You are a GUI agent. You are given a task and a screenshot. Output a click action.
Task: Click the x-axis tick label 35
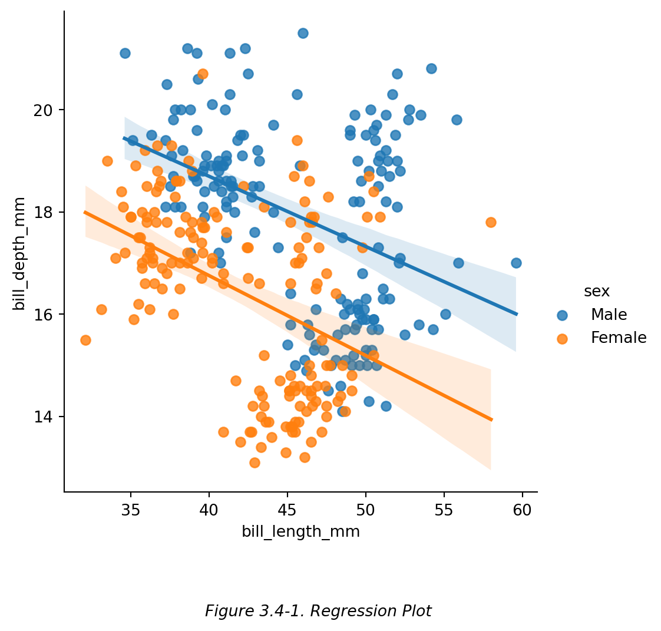click(130, 510)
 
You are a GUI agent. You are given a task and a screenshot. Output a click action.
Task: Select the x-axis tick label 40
click(209, 510)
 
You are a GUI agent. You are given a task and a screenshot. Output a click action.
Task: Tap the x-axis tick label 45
click(287, 510)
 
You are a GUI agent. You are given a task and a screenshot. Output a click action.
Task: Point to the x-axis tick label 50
click(365, 510)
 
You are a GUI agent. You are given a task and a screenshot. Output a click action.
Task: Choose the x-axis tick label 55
click(444, 510)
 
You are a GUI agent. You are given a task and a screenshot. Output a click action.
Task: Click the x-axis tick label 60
click(522, 510)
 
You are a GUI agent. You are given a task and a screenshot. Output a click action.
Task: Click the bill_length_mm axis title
click(300, 531)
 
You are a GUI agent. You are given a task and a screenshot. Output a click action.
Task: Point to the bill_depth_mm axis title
click(19, 253)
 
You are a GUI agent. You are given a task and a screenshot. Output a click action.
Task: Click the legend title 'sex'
click(596, 291)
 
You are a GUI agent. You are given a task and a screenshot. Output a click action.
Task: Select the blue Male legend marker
click(562, 315)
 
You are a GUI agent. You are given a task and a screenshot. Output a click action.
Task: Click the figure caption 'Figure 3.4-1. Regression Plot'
click(318, 612)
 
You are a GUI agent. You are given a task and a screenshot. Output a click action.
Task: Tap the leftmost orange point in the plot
click(85, 340)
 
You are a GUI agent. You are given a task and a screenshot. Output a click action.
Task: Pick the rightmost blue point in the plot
click(516, 263)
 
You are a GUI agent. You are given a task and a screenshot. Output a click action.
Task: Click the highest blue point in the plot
click(303, 33)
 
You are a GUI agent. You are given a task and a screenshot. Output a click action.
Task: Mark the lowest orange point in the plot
click(255, 462)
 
